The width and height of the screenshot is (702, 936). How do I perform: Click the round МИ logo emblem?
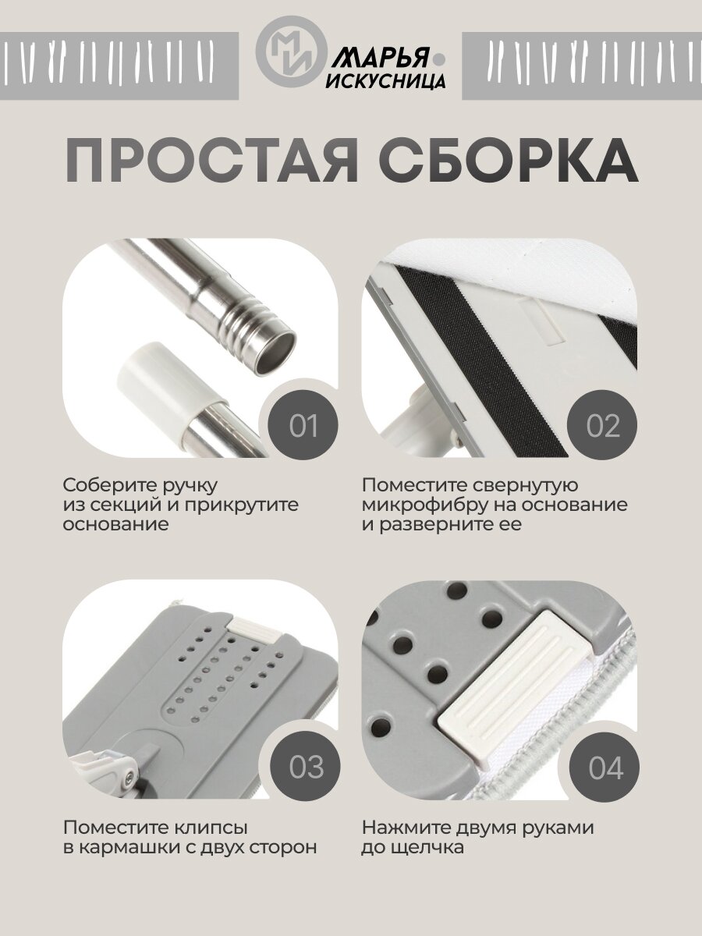pyautogui.click(x=292, y=51)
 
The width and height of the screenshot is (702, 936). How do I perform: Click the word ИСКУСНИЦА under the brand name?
pyautogui.click(x=386, y=80)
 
